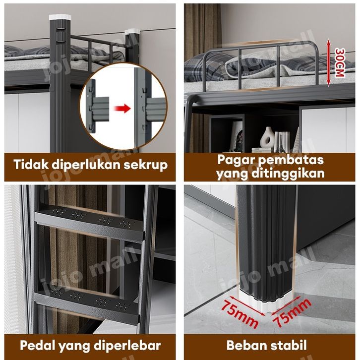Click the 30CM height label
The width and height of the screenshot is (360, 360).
click(x=340, y=62)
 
